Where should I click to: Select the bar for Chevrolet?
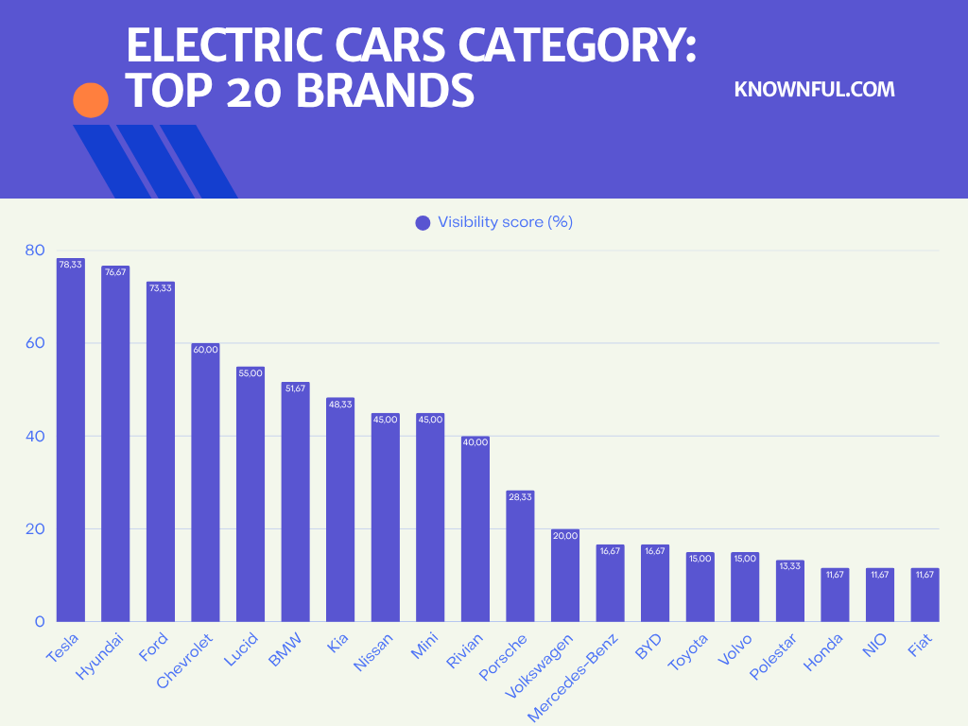click(x=205, y=482)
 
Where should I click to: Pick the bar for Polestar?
click(x=789, y=591)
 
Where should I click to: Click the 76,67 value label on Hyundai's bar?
click(x=115, y=272)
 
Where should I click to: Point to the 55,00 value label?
click(x=251, y=373)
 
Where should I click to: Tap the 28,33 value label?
click(x=520, y=497)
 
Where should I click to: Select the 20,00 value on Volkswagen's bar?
click(x=565, y=536)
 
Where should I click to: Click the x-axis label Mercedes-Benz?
click(x=574, y=678)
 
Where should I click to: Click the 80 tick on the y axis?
click(x=35, y=251)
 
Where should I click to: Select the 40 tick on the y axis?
click(x=35, y=436)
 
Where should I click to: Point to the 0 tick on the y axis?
click(x=40, y=622)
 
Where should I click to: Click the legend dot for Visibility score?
click(x=423, y=223)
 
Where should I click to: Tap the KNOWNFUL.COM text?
click(x=814, y=90)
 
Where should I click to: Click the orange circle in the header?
click(x=91, y=100)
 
